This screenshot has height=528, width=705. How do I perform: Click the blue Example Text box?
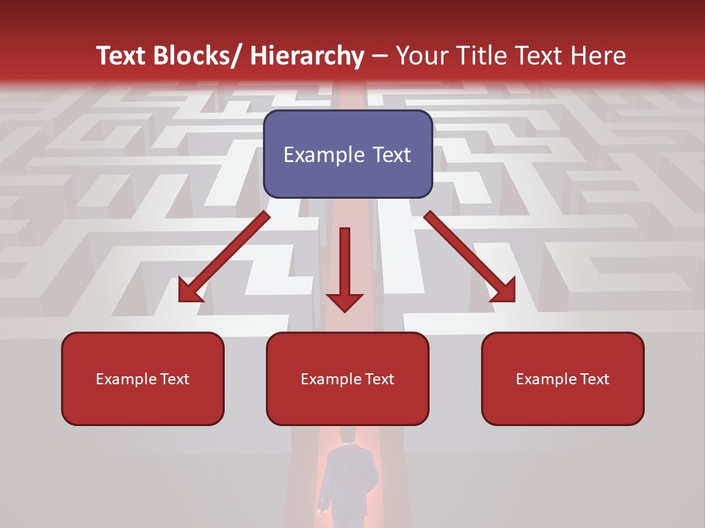(347, 154)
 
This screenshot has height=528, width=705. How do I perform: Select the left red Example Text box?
(142, 378)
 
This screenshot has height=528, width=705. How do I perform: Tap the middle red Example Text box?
(347, 378)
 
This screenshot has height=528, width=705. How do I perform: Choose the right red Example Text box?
(563, 378)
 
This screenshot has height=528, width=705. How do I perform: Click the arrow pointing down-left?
(224, 257)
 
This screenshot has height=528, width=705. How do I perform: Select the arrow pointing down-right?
(470, 257)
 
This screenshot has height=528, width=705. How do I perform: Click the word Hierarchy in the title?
(307, 56)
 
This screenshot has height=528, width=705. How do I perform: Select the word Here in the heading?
(600, 56)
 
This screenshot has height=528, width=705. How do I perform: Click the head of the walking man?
(347, 436)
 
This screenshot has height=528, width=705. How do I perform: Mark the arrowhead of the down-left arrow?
(189, 292)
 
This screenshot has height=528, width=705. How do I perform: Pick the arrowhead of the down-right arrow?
(504, 292)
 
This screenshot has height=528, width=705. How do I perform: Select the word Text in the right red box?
(595, 378)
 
